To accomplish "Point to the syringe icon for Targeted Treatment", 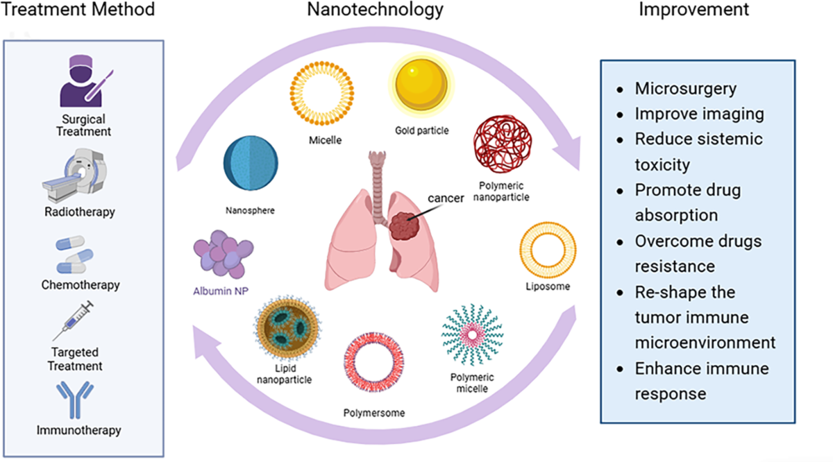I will pyautogui.click(x=74, y=320).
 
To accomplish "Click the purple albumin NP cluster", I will pyautogui.click(x=224, y=257).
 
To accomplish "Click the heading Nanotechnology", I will pyautogui.click(x=376, y=10).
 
